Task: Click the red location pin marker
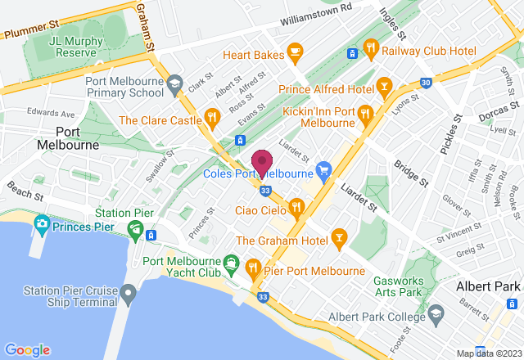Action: pyautogui.click(x=262, y=162)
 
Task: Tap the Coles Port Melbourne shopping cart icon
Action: pyautogui.click(x=324, y=172)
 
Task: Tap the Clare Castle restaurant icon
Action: pyautogui.click(x=213, y=119)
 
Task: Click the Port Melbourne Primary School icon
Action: pyautogui.click(x=174, y=82)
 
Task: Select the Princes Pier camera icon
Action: pyautogui.click(x=41, y=224)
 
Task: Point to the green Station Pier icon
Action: pyautogui.click(x=136, y=227)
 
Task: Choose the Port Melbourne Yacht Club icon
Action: pyautogui.click(x=233, y=262)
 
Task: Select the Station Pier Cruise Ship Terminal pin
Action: pyautogui.click(x=127, y=293)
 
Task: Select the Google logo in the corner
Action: pyautogui.click(x=26, y=349)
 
